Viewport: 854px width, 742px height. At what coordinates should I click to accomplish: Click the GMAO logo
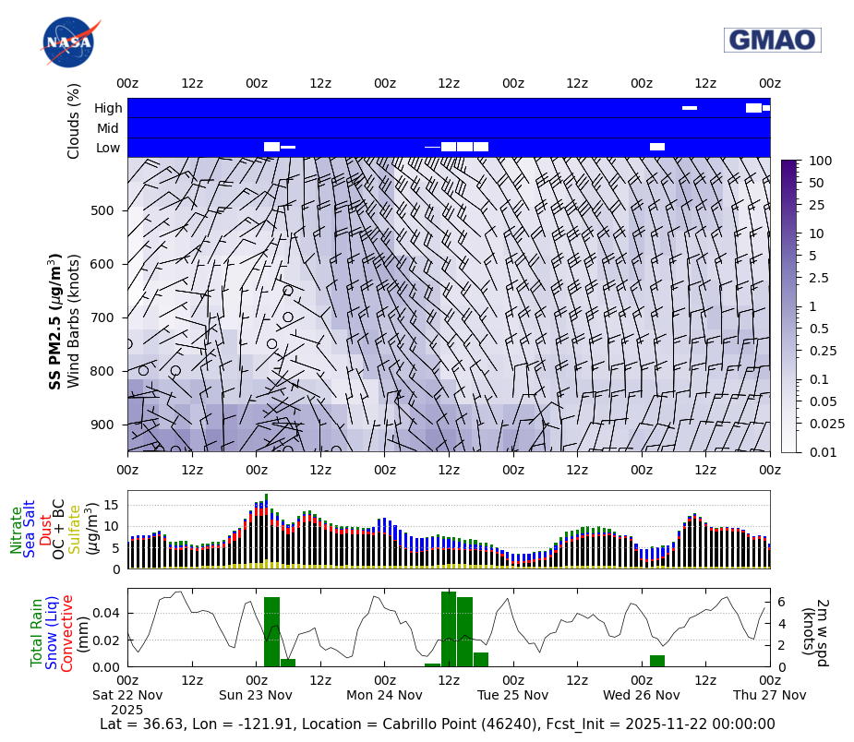point(772,40)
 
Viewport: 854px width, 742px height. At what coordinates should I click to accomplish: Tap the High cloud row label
point(108,108)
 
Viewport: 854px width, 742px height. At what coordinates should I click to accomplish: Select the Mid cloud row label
point(108,128)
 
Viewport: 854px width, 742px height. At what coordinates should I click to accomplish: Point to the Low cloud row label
point(108,148)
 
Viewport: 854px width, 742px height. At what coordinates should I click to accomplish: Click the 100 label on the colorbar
point(821,161)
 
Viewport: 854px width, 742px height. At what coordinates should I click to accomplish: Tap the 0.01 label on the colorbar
point(822,451)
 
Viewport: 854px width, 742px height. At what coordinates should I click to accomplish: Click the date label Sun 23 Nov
point(256,695)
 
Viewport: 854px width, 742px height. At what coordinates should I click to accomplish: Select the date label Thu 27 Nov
point(770,695)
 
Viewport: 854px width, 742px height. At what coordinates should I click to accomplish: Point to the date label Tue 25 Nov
point(513,695)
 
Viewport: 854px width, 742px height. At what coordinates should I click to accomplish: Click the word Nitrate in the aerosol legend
point(17,530)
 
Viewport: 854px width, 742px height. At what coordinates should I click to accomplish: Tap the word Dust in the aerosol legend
point(46,530)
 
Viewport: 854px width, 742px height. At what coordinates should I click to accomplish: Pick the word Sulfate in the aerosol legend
point(76,530)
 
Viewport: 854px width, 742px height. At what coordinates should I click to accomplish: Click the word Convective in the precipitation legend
point(67,632)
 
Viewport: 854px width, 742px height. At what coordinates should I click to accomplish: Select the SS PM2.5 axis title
point(55,321)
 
